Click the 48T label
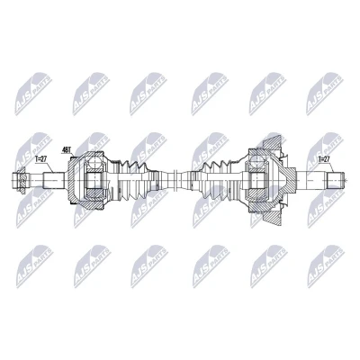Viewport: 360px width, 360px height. (66, 150)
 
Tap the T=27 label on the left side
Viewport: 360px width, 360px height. (40, 159)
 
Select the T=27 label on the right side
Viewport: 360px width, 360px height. (324, 158)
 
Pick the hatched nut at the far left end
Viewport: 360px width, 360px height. (20, 180)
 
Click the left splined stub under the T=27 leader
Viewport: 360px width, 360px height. (54, 180)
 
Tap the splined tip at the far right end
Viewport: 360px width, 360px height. (335, 180)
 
